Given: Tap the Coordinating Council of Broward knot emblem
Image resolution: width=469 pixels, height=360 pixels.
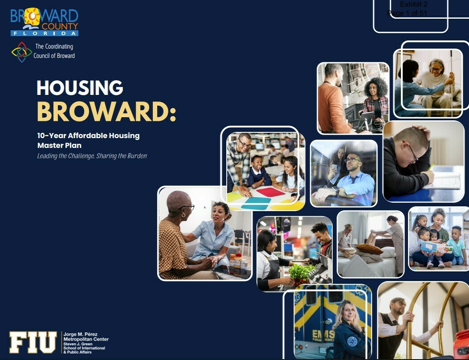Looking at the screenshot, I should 21,52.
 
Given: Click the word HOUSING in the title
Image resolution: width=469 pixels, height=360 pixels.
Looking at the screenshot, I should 80,88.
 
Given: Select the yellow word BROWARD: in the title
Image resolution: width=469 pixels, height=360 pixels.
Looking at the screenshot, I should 106,112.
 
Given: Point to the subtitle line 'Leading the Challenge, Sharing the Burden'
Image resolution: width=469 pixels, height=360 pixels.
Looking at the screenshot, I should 92,156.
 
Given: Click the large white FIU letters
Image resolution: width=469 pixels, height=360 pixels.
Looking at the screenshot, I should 33,343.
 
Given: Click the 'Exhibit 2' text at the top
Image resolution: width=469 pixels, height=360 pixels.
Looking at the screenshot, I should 413,4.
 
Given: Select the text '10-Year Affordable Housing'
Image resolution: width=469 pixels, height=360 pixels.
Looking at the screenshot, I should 88,135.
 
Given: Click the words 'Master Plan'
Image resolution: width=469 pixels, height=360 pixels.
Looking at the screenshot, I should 59,145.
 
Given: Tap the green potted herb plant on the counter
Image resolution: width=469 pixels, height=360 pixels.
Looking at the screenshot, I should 301,272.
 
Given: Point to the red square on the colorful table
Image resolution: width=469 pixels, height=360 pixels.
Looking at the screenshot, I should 271,192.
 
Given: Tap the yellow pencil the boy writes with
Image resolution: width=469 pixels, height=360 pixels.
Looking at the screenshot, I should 431,167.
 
